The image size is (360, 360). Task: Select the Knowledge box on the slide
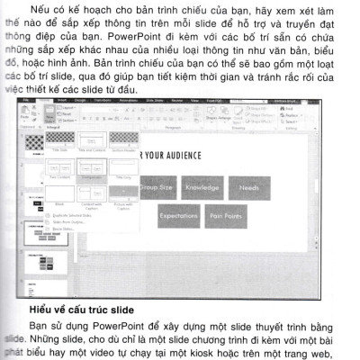click(202, 188)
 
